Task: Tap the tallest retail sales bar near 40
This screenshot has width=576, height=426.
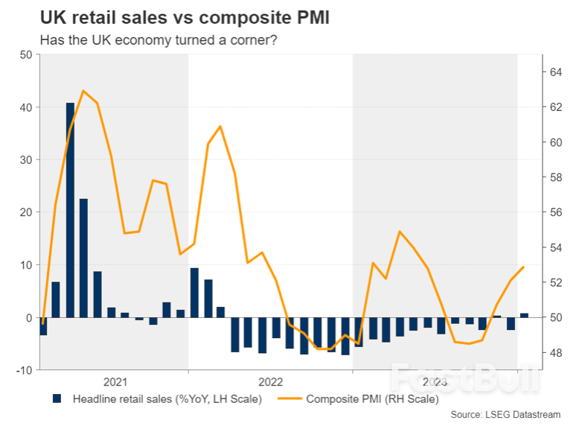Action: pyautogui.click(x=70, y=210)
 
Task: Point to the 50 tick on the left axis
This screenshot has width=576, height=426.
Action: pyautogui.click(x=25, y=55)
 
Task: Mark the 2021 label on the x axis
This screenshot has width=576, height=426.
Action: pyautogui.click(x=115, y=382)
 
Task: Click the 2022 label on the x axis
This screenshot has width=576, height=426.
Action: pyautogui.click(x=270, y=382)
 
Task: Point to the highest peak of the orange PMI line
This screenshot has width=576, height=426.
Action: pyautogui.click(x=83, y=91)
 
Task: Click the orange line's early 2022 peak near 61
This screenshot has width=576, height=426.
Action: pyautogui.click(x=220, y=127)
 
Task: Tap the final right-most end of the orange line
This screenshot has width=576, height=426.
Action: pyautogui.click(x=524, y=267)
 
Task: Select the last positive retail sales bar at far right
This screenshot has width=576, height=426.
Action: pyautogui.click(x=525, y=315)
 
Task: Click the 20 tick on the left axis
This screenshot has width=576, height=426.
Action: pyautogui.click(x=25, y=212)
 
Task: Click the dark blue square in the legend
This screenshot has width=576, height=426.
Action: pyautogui.click(x=57, y=400)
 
